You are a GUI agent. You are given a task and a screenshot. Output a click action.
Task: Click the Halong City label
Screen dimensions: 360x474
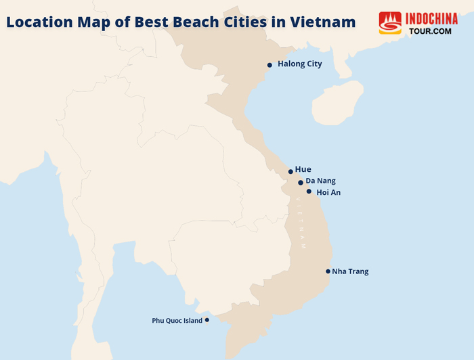tap(300, 64)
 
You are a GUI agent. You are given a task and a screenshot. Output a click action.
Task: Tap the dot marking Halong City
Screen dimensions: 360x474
tap(270, 65)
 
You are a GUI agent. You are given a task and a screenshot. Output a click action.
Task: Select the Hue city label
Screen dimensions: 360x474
tap(303, 169)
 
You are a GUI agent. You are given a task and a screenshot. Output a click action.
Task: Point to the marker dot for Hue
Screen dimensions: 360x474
tap(290, 172)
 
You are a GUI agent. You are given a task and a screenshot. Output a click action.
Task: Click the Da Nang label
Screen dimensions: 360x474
tap(320, 181)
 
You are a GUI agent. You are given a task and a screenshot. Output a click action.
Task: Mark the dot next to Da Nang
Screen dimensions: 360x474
tap(301, 183)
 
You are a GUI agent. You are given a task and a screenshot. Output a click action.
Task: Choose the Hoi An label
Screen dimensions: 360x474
tap(328, 193)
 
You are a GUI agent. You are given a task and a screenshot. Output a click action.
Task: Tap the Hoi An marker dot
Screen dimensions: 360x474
tap(309, 192)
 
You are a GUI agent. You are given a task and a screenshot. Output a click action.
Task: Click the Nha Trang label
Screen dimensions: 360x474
tap(350, 271)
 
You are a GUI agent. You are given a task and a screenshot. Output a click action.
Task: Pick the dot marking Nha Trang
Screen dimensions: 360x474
tap(327, 271)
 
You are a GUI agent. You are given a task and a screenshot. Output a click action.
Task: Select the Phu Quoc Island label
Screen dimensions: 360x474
tap(177, 321)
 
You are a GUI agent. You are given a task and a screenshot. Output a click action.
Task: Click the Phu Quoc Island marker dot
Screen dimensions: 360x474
tap(207, 320)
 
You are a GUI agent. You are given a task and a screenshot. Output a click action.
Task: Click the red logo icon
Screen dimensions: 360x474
tap(390, 23)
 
